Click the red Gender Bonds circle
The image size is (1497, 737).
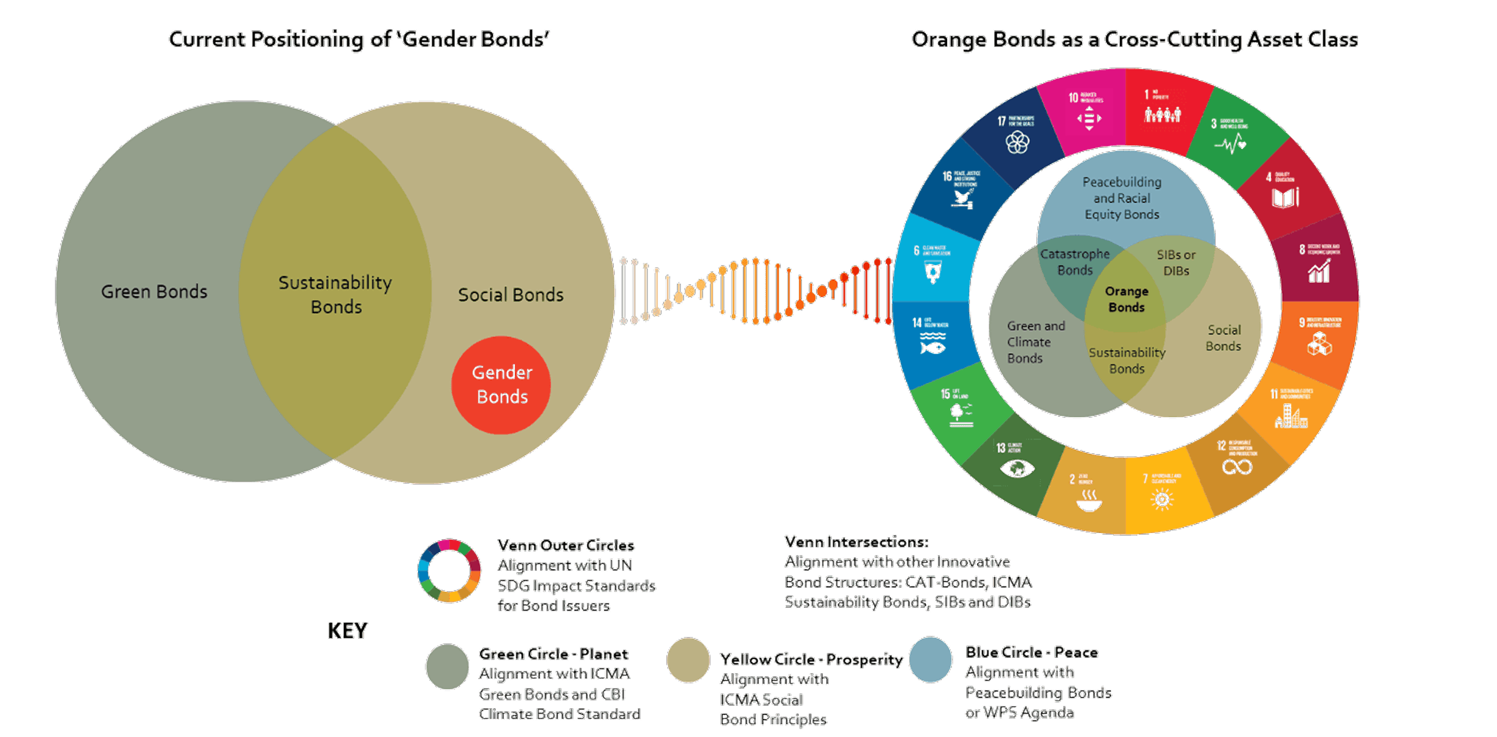pyautogui.click(x=501, y=385)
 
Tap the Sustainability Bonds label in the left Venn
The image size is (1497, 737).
pyautogui.click(x=335, y=294)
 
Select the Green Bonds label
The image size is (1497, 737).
pyautogui.click(x=154, y=292)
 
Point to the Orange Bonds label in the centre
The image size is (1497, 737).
pyautogui.click(x=1126, y=299)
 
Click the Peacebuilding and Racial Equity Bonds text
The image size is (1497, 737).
pyautogui.click(x=1122, y=198)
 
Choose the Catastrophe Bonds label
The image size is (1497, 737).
pyautogui.click(x=1075, y=262)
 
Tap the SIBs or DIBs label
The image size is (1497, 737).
pyautogui.click(x=1176, y=262)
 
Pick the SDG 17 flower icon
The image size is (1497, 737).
pyautogui.click(x=1017, y=143)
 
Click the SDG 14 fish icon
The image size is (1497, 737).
pyautogui.click(x=932, y=347)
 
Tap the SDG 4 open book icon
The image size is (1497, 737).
pyautogui.click(x=1285, y=198)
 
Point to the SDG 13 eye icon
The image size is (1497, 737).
pyautogui.click(x=1017, y=469)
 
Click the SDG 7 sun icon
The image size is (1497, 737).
pyautogui.click(x=1162, y=500)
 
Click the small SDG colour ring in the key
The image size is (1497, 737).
pyautogui.click(x=449, y=571)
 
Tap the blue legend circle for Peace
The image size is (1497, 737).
pyautogui.click(x=930, y=660)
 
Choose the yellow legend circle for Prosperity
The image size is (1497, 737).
pyautogui.click(x=688, y=660)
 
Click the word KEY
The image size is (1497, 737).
pyautogui.click(x=347, y=630)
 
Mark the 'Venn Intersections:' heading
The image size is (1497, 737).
pyautogui.click(x=856, y=542)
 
